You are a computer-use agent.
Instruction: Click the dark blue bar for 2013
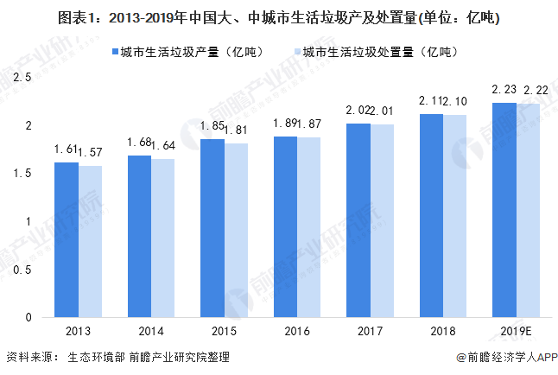[66, 239]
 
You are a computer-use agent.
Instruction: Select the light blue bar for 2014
[162, 238]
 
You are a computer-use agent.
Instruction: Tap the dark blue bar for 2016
[285, 226]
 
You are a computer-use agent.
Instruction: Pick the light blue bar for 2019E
[529, 210]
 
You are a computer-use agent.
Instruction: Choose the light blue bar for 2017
[382, 220]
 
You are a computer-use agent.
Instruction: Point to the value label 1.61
[67, 150]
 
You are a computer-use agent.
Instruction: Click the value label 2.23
[504, 91]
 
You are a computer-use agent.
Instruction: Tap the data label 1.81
[237, 130]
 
